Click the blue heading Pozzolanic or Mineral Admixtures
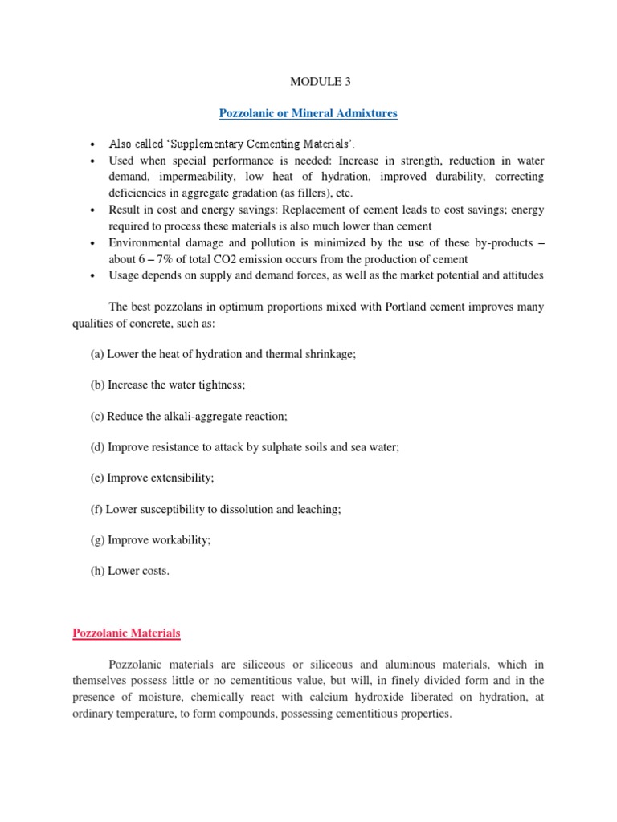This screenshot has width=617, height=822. pyautogui.click(x=308, y=114)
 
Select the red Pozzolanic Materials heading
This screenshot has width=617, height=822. pyautogui.click(x=127, y=633)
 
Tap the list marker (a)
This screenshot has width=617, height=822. pyautogui.click(x=97, y=354)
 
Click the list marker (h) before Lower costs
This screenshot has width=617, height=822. pyautogui.click(x=97, y=571)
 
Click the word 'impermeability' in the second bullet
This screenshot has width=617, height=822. pyautogui.click(x=198, y=176)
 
